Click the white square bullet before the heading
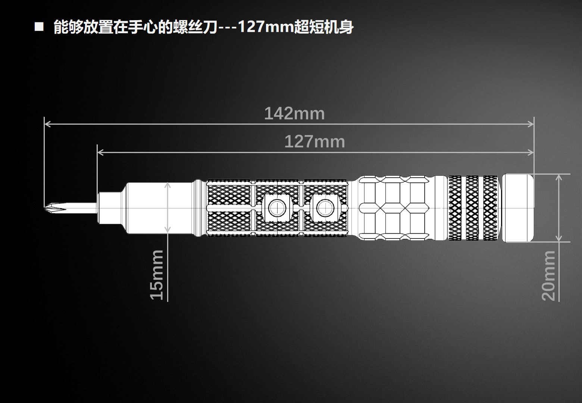click(39, 27)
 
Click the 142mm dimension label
click(294, 113)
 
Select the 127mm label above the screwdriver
click(315, 142)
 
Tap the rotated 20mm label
click(549, 275)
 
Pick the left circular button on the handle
click(276, 207)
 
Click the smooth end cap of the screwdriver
click(518, 208)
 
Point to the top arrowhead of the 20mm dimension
click(558, 177)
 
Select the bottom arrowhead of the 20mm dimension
click(558, 238)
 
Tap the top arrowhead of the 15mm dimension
click(168, 185)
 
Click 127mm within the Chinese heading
click(266, 27)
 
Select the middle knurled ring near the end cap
click(472, 208)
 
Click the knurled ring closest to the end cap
click(490, 208)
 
